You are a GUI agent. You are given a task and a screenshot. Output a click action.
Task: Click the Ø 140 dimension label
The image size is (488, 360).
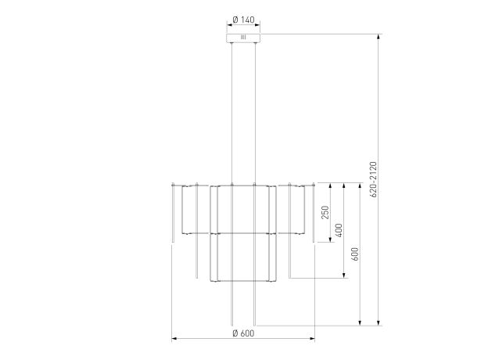click(x=243, y=20)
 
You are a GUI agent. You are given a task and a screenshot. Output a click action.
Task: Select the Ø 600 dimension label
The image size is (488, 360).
click(x=243, y=333)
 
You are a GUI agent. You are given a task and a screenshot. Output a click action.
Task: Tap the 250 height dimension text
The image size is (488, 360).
click(x=325, y=212)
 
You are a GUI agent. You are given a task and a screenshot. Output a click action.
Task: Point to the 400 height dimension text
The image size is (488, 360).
click(x=339, y=230)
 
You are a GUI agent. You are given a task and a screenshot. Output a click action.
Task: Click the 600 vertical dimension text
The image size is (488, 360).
click(x=355, y=254)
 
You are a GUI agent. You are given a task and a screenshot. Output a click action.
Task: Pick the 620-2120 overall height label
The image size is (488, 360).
click(x=374, y=179)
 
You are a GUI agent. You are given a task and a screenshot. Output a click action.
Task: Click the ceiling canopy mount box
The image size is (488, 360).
click(x=243, y=38)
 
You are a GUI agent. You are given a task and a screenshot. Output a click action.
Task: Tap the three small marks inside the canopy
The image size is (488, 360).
click(x=243, y=38)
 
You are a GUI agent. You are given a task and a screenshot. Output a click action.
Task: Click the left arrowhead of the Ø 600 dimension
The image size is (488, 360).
click(x=174, y=339)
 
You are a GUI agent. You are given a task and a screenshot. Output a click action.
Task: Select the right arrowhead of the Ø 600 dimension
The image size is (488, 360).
click(x=312, y=339)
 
